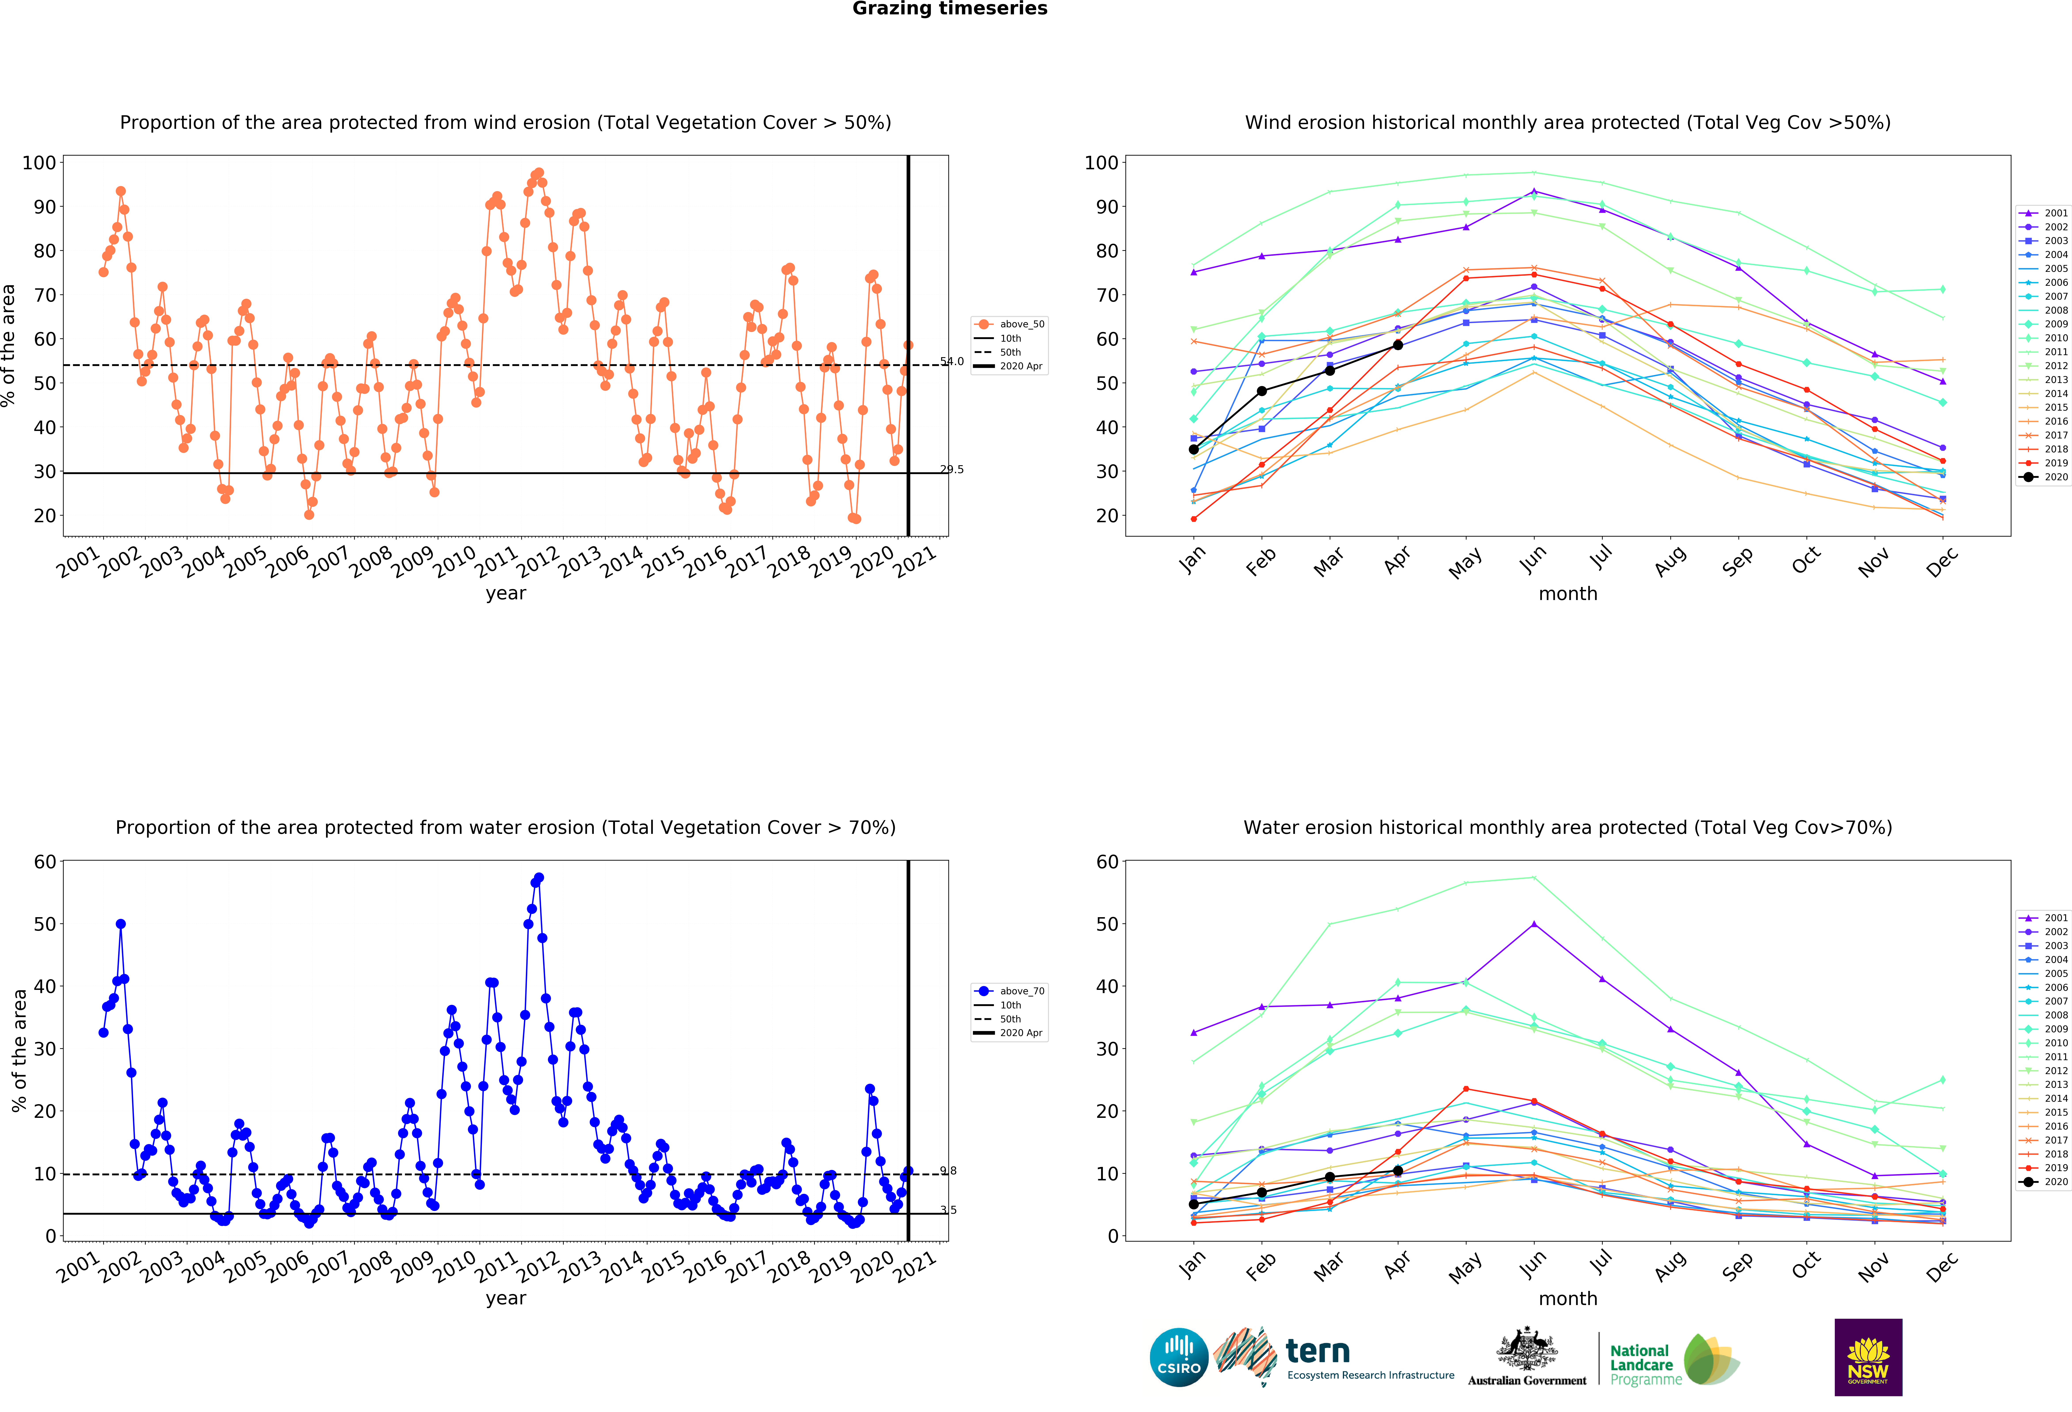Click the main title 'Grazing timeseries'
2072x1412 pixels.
[949, 9]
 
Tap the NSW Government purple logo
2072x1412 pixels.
[1868, 1357]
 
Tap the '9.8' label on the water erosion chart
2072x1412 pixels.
[948, 1170]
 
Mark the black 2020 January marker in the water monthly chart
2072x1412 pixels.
[1194, 1204]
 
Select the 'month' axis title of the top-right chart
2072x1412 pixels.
[1567, 594]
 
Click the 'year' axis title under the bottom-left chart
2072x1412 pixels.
[506, 1298]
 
